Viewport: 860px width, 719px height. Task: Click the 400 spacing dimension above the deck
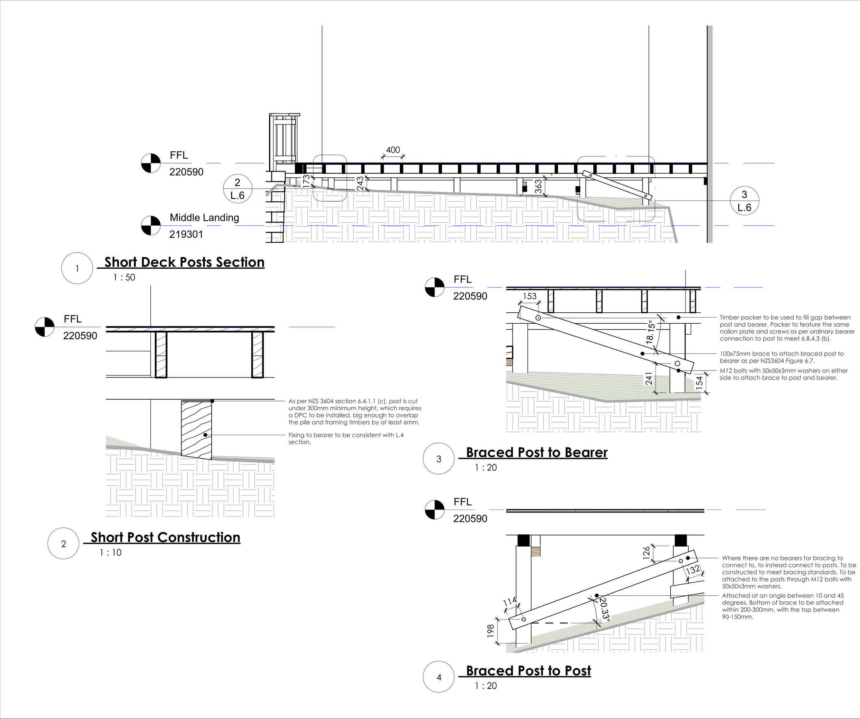tap(393, 150)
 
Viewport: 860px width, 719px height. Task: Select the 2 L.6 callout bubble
tap(237, 189)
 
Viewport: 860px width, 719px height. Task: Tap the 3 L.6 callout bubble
tap(744, 201)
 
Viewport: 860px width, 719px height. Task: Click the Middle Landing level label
tap(204, 218)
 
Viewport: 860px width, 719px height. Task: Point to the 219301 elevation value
tap(186, 234)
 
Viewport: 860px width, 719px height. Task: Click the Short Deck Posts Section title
tap(184, 262)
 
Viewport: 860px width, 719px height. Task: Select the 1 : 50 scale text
tap(124, 277)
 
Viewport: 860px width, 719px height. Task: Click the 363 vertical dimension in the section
tap(538, 186)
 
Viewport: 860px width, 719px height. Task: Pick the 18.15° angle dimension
tap(650, 333)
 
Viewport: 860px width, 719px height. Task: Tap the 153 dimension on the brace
tap(530, 296)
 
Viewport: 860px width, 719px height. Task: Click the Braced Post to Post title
tap(528, 671)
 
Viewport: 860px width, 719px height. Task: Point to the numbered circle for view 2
tap(63, 544)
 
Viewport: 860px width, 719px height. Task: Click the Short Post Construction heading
tap(165, 538)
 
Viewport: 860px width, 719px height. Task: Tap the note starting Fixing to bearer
tap(345, 438)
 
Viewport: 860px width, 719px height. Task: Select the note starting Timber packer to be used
tap(787, 328)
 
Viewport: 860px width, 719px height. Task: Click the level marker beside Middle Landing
tap(151, 226)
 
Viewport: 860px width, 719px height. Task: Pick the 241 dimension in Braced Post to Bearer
tap(649, 379)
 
